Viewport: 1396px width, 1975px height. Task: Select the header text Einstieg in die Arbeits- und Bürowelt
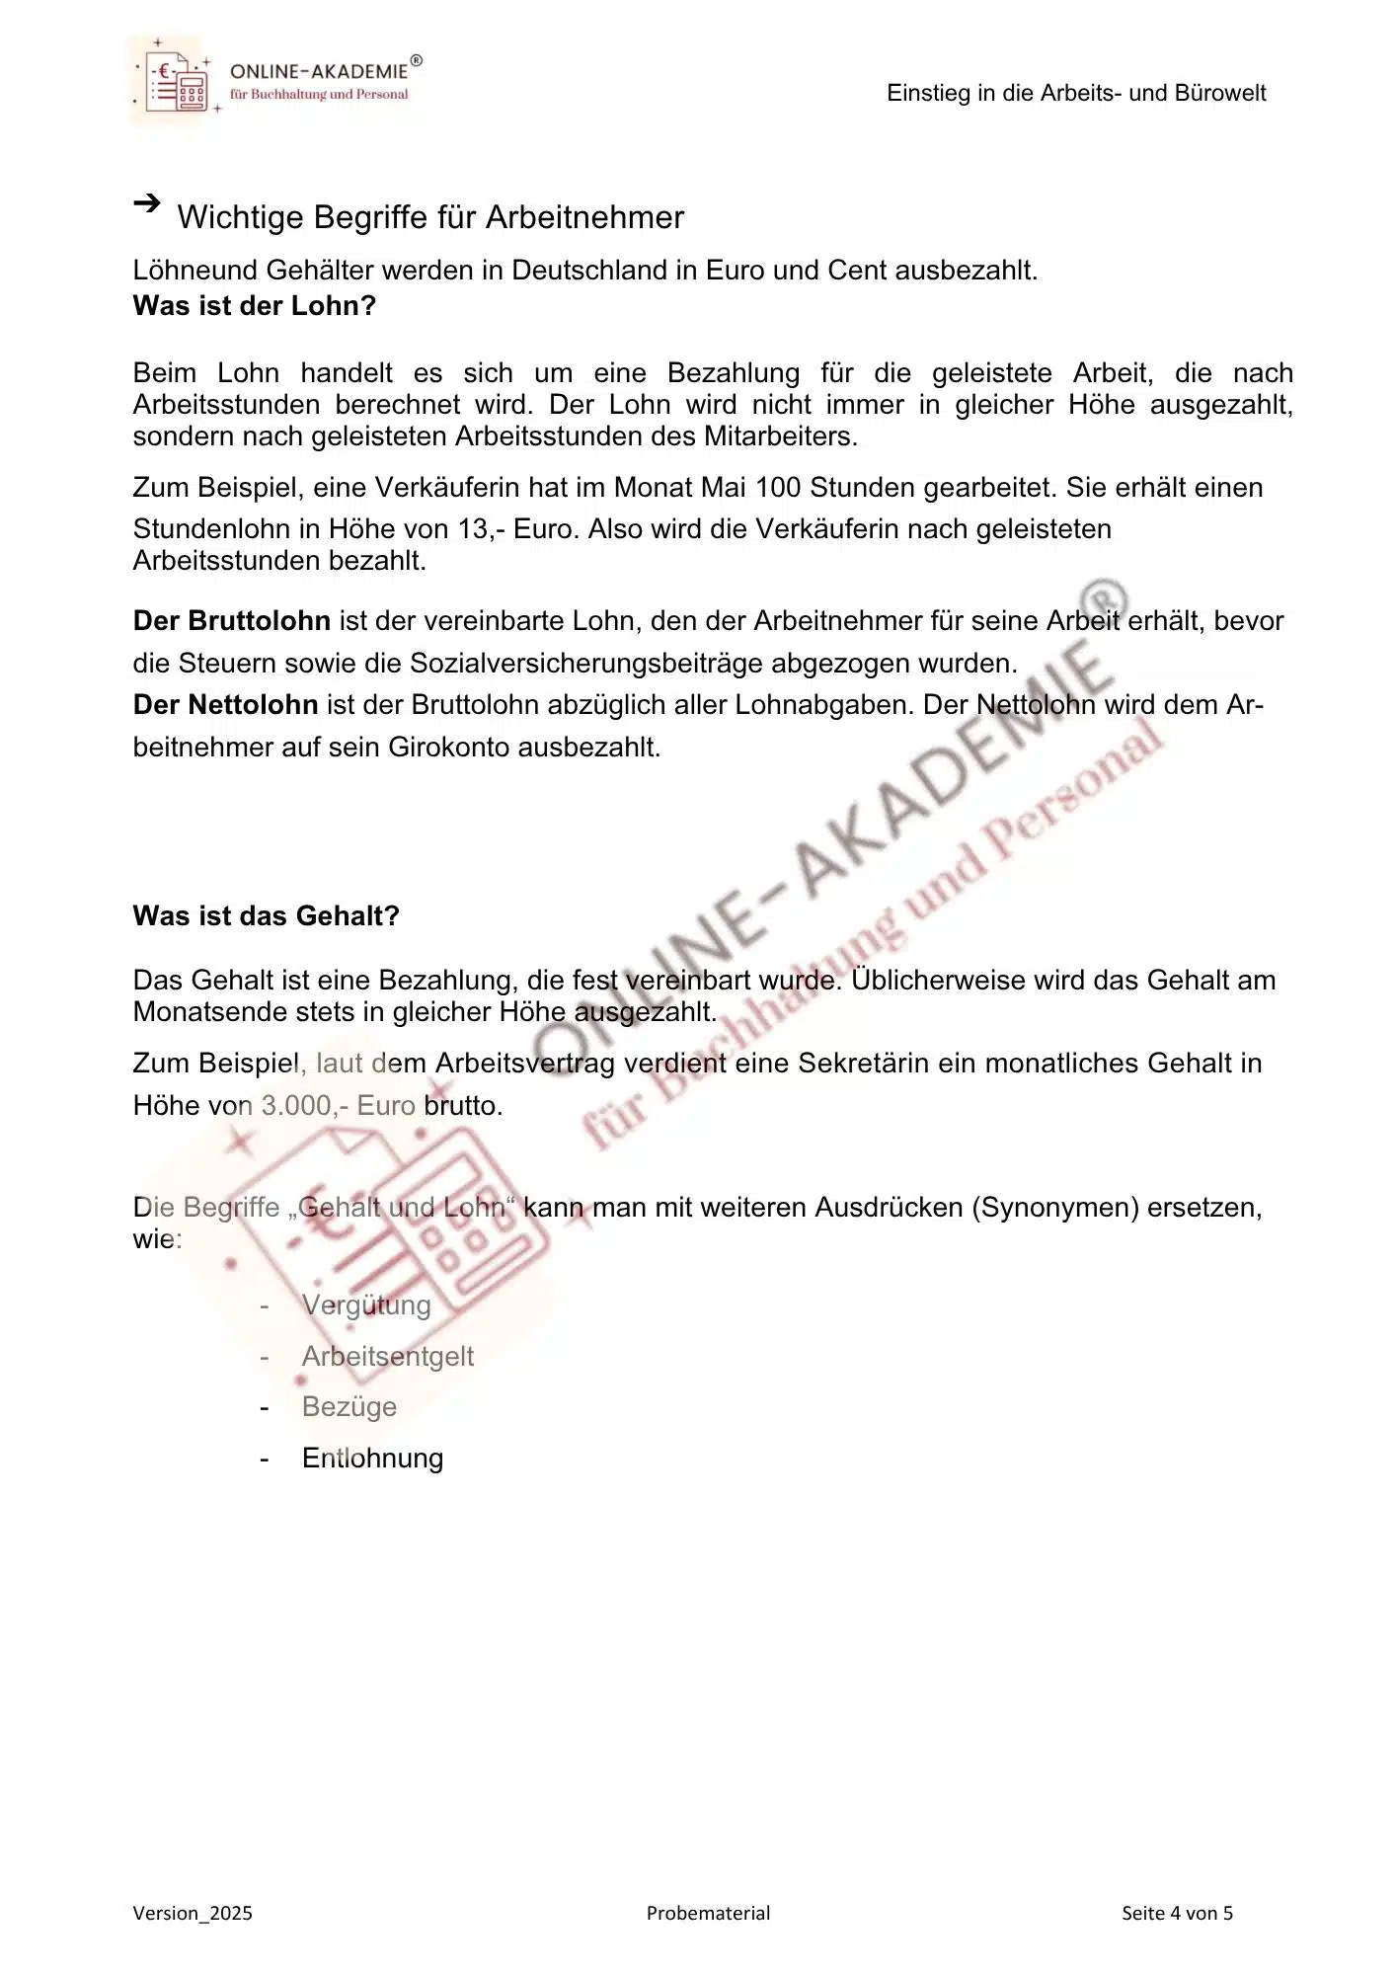click(x=1076, y=93)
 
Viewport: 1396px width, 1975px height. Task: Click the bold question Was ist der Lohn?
click(x=255, y=305)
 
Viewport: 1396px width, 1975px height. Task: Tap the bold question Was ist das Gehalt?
click(x=266, y=915)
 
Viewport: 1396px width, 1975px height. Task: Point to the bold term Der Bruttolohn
click(x=232, y=621)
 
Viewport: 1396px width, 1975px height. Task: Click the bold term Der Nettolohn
click(x=225, y=705)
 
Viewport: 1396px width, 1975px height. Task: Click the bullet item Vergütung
click(x=366, y=1305)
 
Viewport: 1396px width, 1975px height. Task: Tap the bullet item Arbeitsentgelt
click(x=387, y=1357)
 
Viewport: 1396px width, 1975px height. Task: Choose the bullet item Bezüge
click(x=349, y=1407)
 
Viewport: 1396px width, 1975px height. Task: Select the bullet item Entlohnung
click(x=372, y=1459)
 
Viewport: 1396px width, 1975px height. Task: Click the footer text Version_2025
click(x=193, y=1914)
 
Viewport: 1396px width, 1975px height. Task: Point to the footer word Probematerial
click(x=708, y=1914)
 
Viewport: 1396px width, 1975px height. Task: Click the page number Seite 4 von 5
click(x=1177, y=1914)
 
